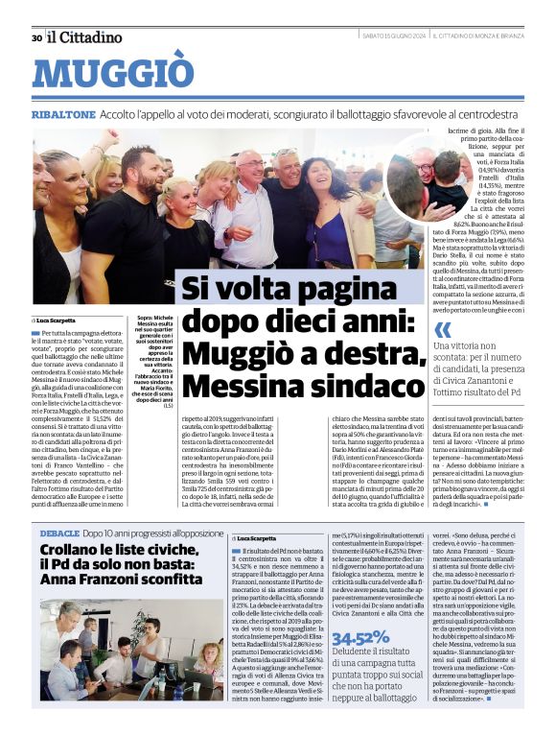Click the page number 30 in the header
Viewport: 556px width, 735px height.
(36, 37)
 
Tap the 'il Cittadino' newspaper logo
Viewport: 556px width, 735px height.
(85, 36)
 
